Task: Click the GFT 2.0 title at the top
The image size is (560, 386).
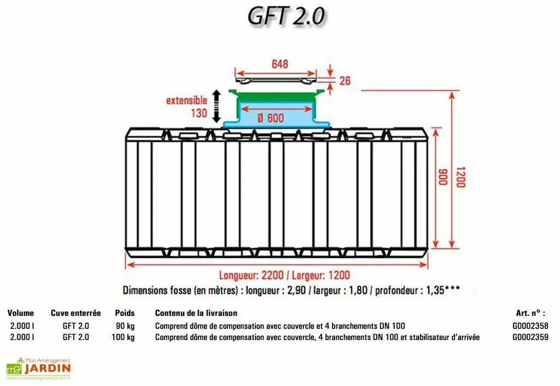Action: tap(286, 16)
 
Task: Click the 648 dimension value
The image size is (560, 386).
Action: tap(279, 64)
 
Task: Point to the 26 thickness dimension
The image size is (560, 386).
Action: tap(345, 81)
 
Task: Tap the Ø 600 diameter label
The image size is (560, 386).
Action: tap(270, 118)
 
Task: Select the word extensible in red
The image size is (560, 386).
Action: tap(186, 100)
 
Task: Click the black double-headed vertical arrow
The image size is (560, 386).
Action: tap(217, 106)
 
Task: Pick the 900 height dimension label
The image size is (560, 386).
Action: tap(443, 177)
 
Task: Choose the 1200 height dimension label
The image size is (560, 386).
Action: tap(460, 177)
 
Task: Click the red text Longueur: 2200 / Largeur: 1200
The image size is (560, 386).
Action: tap(284, 275)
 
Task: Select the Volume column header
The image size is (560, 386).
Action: tap(21, 313)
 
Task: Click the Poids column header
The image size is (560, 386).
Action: tap(125, 313)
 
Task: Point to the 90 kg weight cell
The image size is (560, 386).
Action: tap(125, 326)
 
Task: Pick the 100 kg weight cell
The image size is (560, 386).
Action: tap(123, 337)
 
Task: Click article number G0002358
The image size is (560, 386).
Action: tap(530, 326)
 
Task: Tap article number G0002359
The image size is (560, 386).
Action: tap(530, 337)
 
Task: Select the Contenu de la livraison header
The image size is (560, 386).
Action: tap(196, 313)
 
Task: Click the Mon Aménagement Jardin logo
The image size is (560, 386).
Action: tap(39, 368)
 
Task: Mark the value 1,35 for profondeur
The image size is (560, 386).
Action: tap(435, 290)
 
